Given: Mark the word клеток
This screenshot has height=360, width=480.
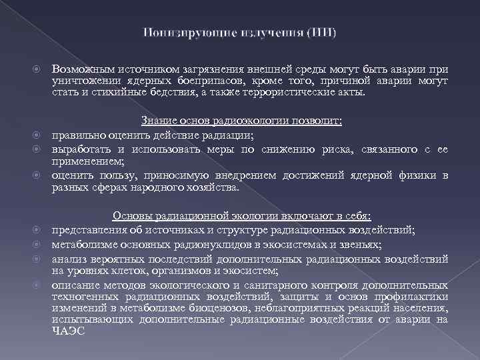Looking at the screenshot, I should (x=129, y=271).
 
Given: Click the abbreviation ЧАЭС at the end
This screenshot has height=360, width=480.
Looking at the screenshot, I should (x=68, y=331).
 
